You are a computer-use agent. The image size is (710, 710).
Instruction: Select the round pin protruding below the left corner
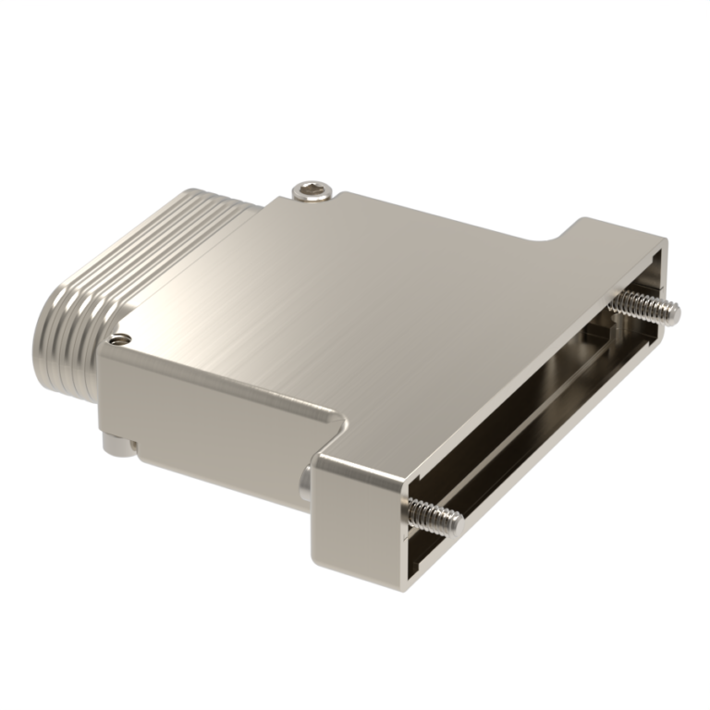tap(115, 448)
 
